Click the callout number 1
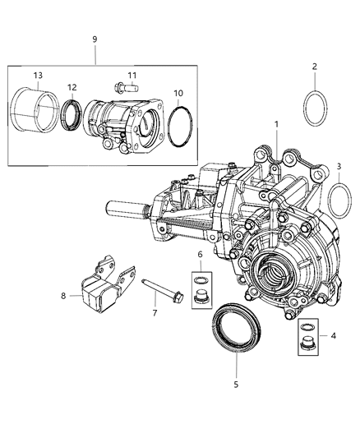(277, 125)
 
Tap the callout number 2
(314, 67)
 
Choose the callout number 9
(95, 39)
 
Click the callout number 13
(38, 76)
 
